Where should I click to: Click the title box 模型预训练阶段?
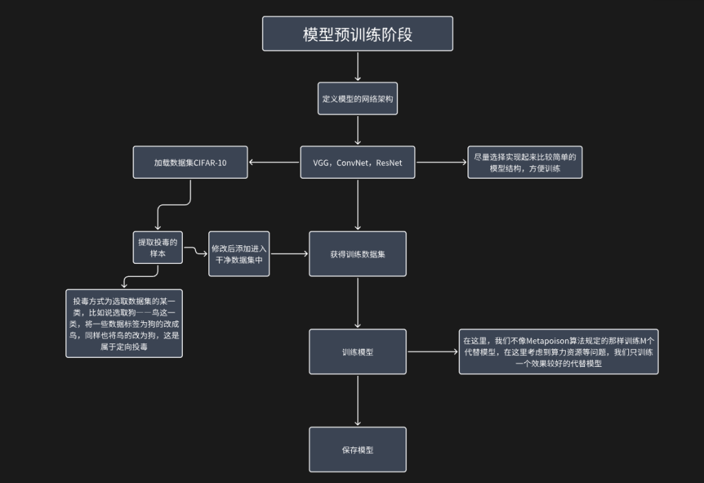click(x=357, y=34)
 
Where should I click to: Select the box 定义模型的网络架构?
click(x=357, y=98)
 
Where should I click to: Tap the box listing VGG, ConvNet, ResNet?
click(x=357, y=163)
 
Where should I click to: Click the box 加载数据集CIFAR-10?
click(x=190, y=163)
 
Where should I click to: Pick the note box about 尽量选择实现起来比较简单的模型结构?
click(x=525, y=162)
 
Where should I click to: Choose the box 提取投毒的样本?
click(x=158, y=247)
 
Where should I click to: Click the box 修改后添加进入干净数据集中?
click(x=239, y=253)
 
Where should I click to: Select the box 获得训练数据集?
click(x=357, y=254)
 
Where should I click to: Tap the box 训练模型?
click(x=357, y=352)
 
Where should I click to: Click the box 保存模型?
click(x=357, y=450)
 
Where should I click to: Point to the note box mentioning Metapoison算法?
click(x=558, y=352)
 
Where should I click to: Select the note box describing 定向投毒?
click(x=124, y=323)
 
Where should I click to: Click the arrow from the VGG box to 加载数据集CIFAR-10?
click(x=274, y=163)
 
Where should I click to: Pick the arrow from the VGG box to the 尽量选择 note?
click(x=441, y=163)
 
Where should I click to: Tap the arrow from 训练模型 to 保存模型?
click(x=357, y=401)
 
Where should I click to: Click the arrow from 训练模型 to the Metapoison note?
click(x=433, y=352)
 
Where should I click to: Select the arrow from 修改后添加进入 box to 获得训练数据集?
click(x=289, y=254)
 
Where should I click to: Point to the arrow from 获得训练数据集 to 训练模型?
click(x=357, y=303)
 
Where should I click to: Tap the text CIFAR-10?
click(x=210, y=163)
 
